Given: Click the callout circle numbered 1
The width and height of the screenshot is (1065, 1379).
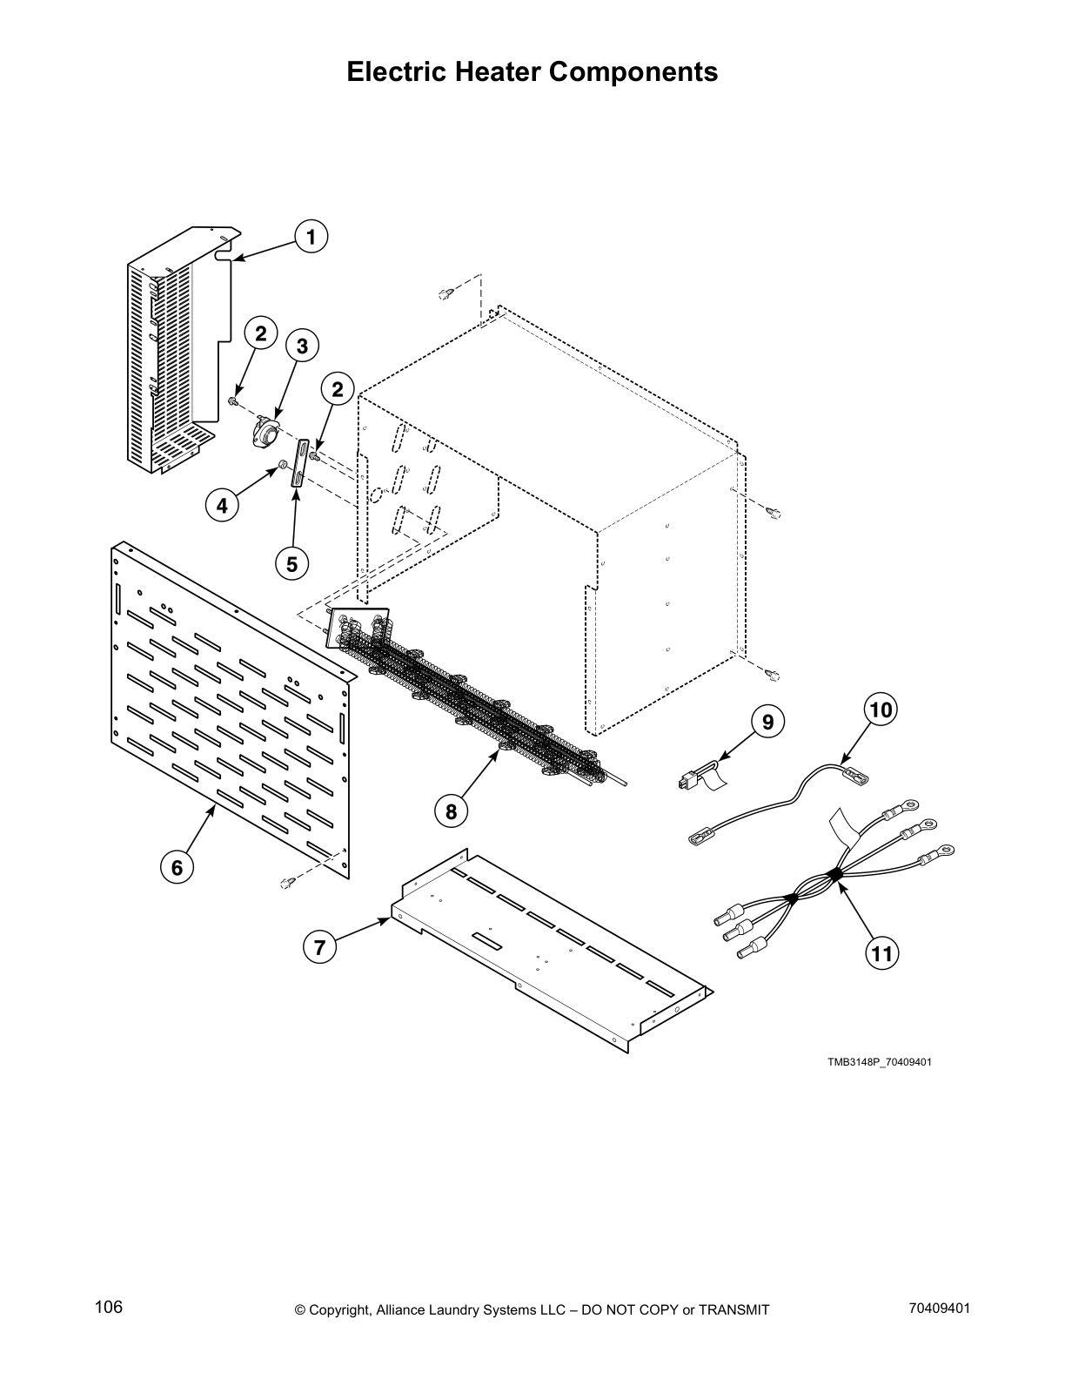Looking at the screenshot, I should click(311, 236).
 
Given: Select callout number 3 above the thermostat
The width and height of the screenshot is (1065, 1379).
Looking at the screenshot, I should click(302, 346).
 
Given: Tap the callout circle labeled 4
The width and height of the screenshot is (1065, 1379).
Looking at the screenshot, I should click(223, 505).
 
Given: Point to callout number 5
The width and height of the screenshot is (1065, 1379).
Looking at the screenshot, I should click(291, 564).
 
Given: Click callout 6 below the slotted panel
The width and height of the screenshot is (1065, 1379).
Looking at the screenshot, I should click(177, 867).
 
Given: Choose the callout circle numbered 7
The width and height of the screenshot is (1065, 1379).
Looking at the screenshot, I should click(320, 947).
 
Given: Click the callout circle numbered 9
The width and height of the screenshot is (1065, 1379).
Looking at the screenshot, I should click(767, 722).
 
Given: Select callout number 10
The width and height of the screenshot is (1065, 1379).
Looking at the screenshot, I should click(881, 710).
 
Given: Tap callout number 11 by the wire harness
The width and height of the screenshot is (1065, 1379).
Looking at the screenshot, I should click(881, 953).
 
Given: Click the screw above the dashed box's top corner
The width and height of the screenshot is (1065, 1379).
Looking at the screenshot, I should click(445, 293).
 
